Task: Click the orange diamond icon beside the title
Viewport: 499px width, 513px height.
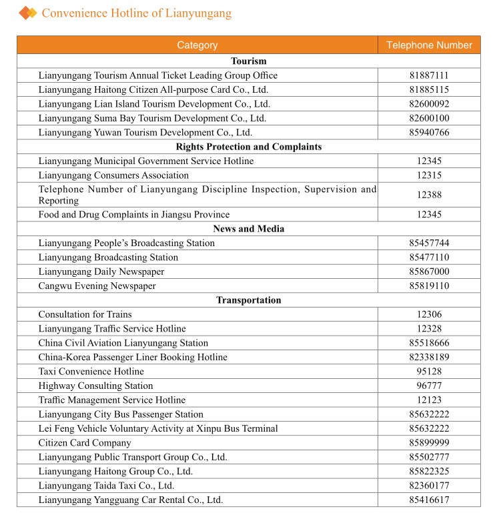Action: click(27, 13)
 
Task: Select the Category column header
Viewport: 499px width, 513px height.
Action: click(197, 45)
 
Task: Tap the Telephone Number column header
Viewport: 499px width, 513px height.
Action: click(429, 45)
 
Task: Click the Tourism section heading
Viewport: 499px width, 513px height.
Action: click(248, 61)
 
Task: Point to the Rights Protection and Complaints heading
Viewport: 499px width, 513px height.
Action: click(248, 147)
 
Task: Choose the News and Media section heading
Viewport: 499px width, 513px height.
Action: click(248, 229)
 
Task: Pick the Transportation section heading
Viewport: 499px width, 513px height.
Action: click(248, 300)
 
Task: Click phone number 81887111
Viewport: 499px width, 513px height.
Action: click(429, 75)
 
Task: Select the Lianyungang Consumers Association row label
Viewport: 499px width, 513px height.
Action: click(113, 175)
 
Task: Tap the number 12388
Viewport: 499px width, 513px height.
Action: click(429, 195)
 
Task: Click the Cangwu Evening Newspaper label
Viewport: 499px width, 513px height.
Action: click(97, 286)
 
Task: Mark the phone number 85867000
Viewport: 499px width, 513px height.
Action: click(429, 272)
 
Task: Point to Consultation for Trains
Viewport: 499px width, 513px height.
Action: click(85, 314)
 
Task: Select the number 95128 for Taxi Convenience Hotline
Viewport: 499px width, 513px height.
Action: click(429, 372)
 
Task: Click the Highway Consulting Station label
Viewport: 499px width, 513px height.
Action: click(95, 386)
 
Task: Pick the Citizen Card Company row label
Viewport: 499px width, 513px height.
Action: click(85, 443)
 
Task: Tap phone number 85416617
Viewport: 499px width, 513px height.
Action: click(429, 500)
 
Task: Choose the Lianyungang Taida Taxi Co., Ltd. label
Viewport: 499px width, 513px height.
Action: click(106, 486)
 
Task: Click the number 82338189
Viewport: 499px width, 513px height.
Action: click(429, 357)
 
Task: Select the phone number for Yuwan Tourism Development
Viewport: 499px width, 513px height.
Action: click(429, 132)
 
